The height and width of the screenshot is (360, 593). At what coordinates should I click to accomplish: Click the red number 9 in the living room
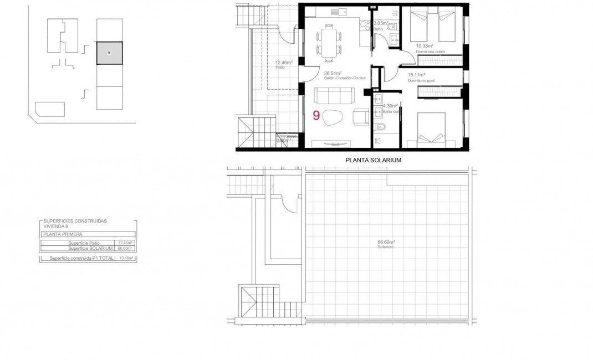(x=316, y=116)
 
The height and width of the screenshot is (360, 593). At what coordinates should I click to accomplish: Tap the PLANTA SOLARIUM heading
(x=373, y=160)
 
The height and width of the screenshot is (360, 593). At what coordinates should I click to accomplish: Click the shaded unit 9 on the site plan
(x=109, y=53)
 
